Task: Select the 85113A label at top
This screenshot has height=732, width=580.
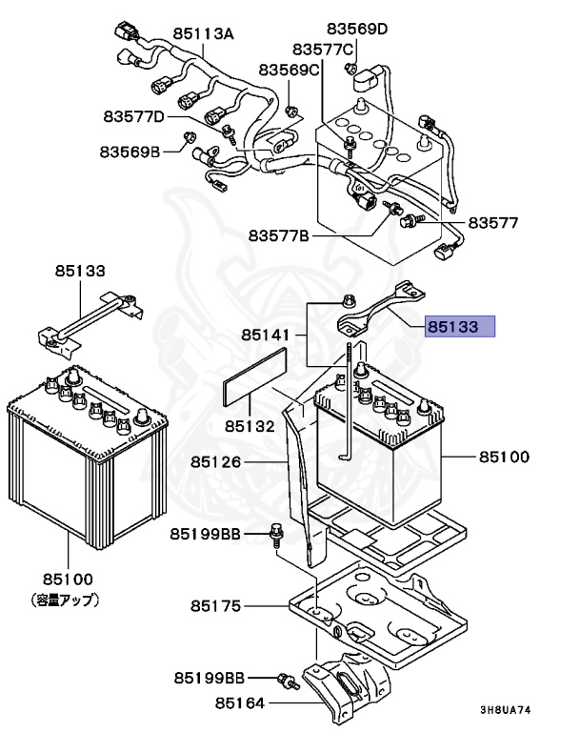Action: pos(203,32)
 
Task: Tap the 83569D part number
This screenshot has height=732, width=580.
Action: pos(357,29)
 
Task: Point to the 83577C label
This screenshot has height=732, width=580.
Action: pos(323,49)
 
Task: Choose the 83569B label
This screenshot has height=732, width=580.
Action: pos(131,151)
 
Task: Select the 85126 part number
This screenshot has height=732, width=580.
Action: pos(219,461)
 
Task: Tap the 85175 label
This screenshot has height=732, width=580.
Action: pos(218,606)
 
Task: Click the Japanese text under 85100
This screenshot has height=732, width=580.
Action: pos(67,600)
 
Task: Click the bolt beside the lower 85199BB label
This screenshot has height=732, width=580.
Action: pos(282,679)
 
